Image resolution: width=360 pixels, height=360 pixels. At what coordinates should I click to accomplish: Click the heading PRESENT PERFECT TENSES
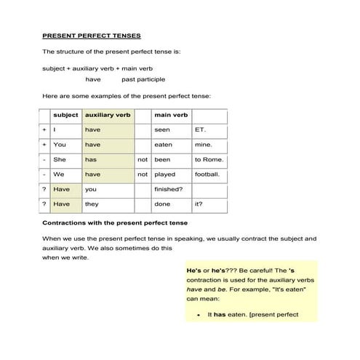point(91,35)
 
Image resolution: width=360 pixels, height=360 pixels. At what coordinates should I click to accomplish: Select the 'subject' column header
point(65,115)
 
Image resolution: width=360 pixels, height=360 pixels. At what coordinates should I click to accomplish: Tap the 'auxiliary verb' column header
point(108,115)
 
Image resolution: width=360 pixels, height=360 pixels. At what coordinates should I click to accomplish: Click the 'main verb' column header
point(171,115)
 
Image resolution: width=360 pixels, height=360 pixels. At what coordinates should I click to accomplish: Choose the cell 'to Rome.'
point(209,159)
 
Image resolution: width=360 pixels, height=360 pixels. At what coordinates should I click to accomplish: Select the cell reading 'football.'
point(208,175)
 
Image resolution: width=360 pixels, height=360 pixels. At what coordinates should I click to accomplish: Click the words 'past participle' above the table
point(143,79)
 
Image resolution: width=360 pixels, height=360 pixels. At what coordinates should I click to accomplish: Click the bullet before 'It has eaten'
point(199,316)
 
